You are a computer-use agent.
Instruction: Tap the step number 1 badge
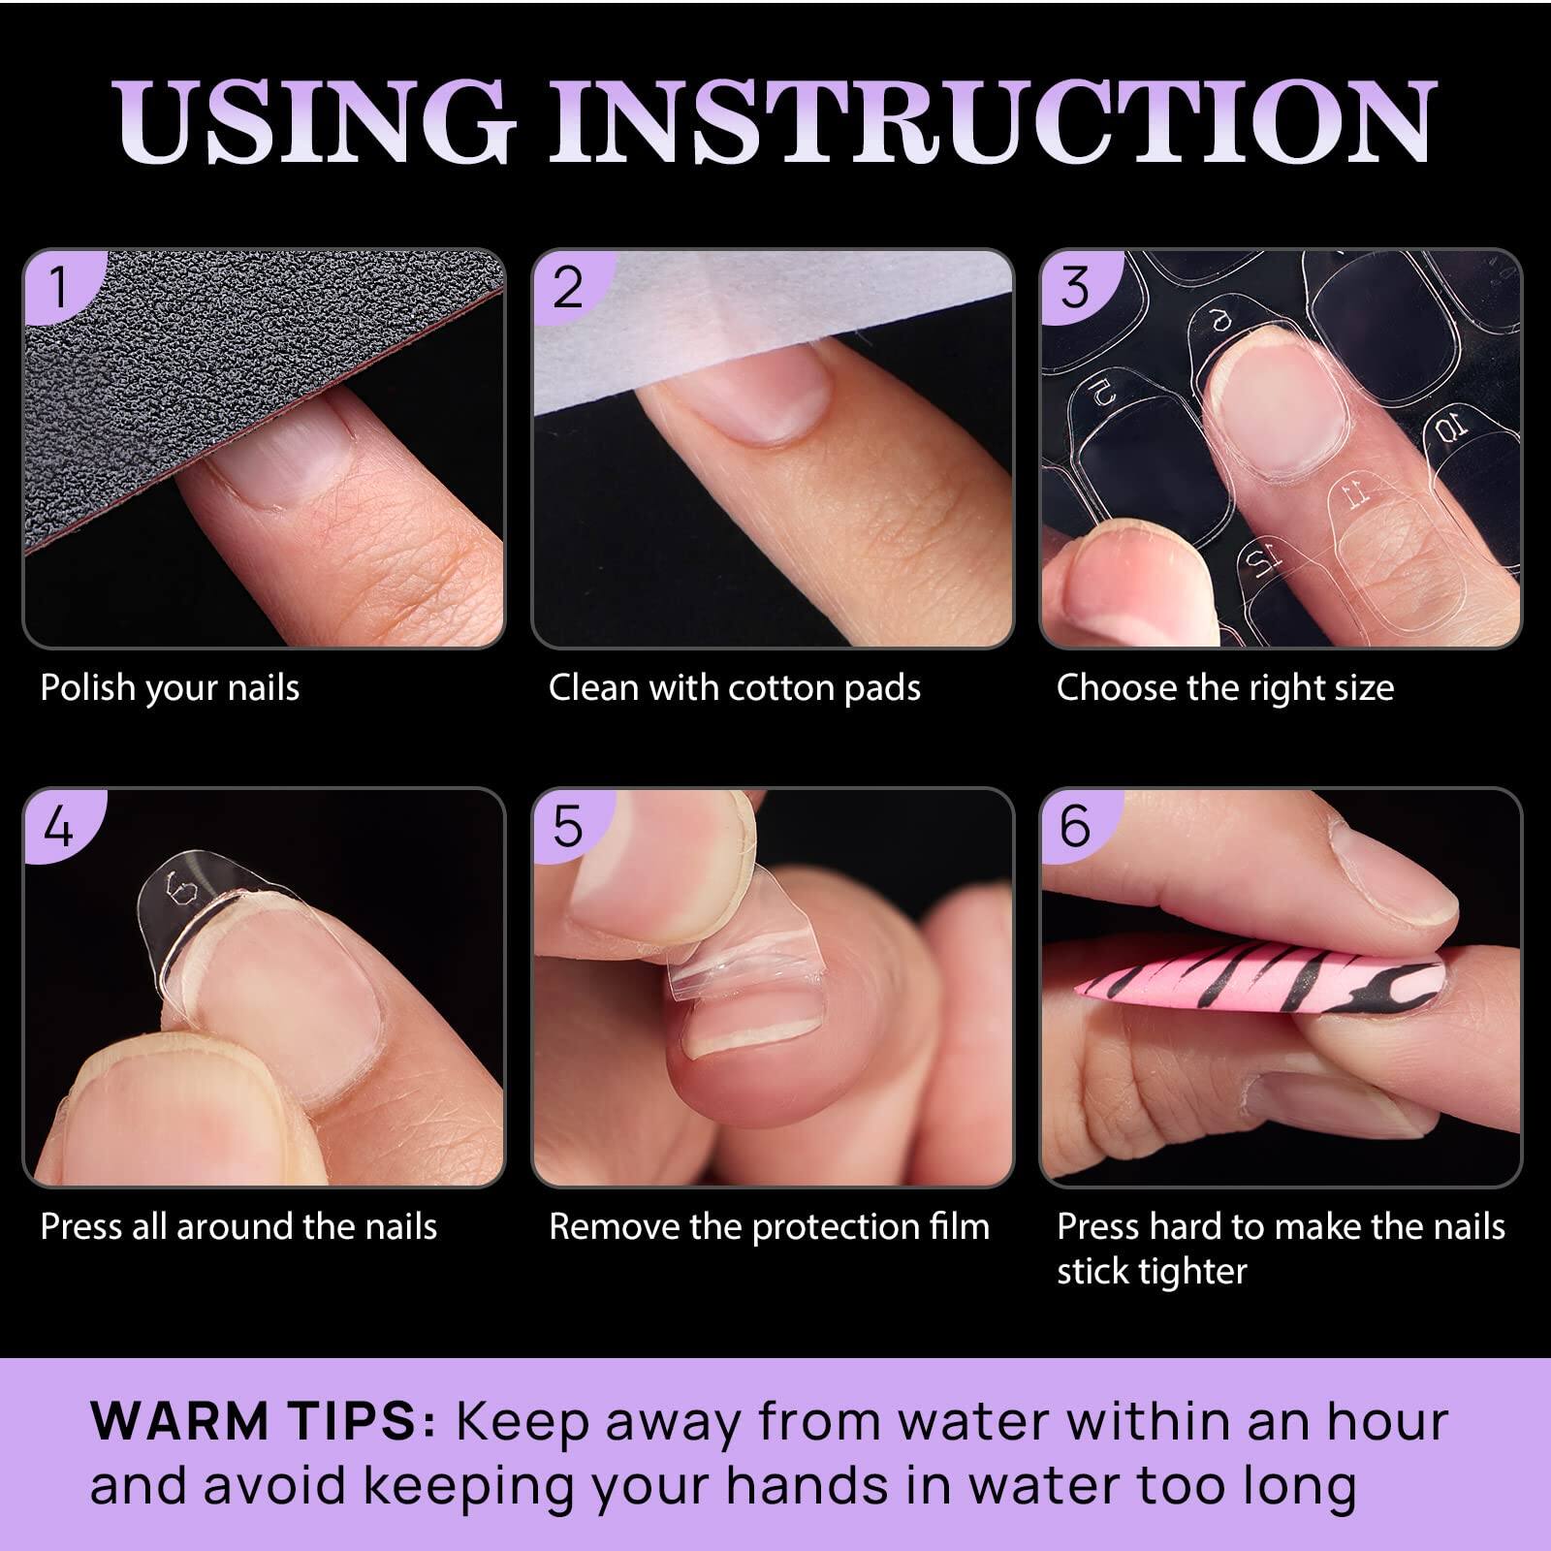point(58,288)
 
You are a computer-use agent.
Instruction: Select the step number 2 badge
point(567,288)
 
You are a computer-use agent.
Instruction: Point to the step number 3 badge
point(1075,288)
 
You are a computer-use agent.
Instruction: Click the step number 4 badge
point(58,827)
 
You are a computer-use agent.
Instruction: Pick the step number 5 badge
point(567,827)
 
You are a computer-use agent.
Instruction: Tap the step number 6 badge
point(1075,827)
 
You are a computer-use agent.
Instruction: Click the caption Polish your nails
point(170,688)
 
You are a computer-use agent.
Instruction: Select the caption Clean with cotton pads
point(734,688)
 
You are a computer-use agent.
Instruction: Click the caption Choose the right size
point(1224,688)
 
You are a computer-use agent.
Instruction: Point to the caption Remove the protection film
point(769,1227)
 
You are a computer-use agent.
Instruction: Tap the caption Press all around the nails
point(238,1227)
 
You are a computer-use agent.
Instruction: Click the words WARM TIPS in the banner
point(262,1422)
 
